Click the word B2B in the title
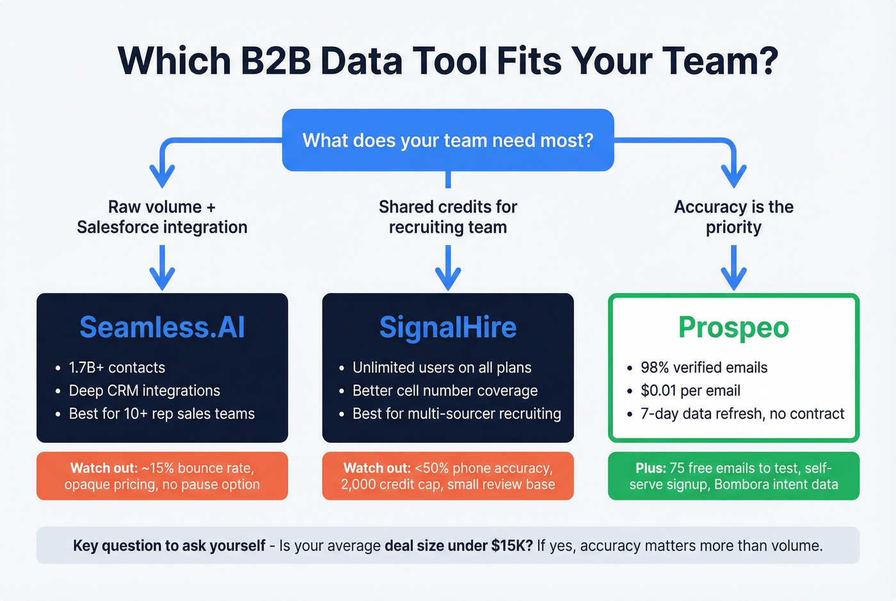(x=276, y=61)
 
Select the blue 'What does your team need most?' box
(x=448, y=140)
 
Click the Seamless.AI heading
(x=162, y=327)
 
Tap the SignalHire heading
(x=448, y=327)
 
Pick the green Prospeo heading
(x=733, y=327)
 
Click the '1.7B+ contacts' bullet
(x=116, y=367)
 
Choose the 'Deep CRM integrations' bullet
(x=144, y=390)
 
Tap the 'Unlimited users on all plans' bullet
(x=442, y=367)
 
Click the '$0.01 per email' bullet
(x=690, y=390)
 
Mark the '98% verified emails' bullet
(x=703, y=367)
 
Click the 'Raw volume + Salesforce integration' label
(x=162, y=217)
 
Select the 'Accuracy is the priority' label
(x=733, y=217)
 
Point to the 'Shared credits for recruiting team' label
(x=448, y=217)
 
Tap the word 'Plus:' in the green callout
(x=651, y=468)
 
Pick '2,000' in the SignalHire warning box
(x=358, y=485)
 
